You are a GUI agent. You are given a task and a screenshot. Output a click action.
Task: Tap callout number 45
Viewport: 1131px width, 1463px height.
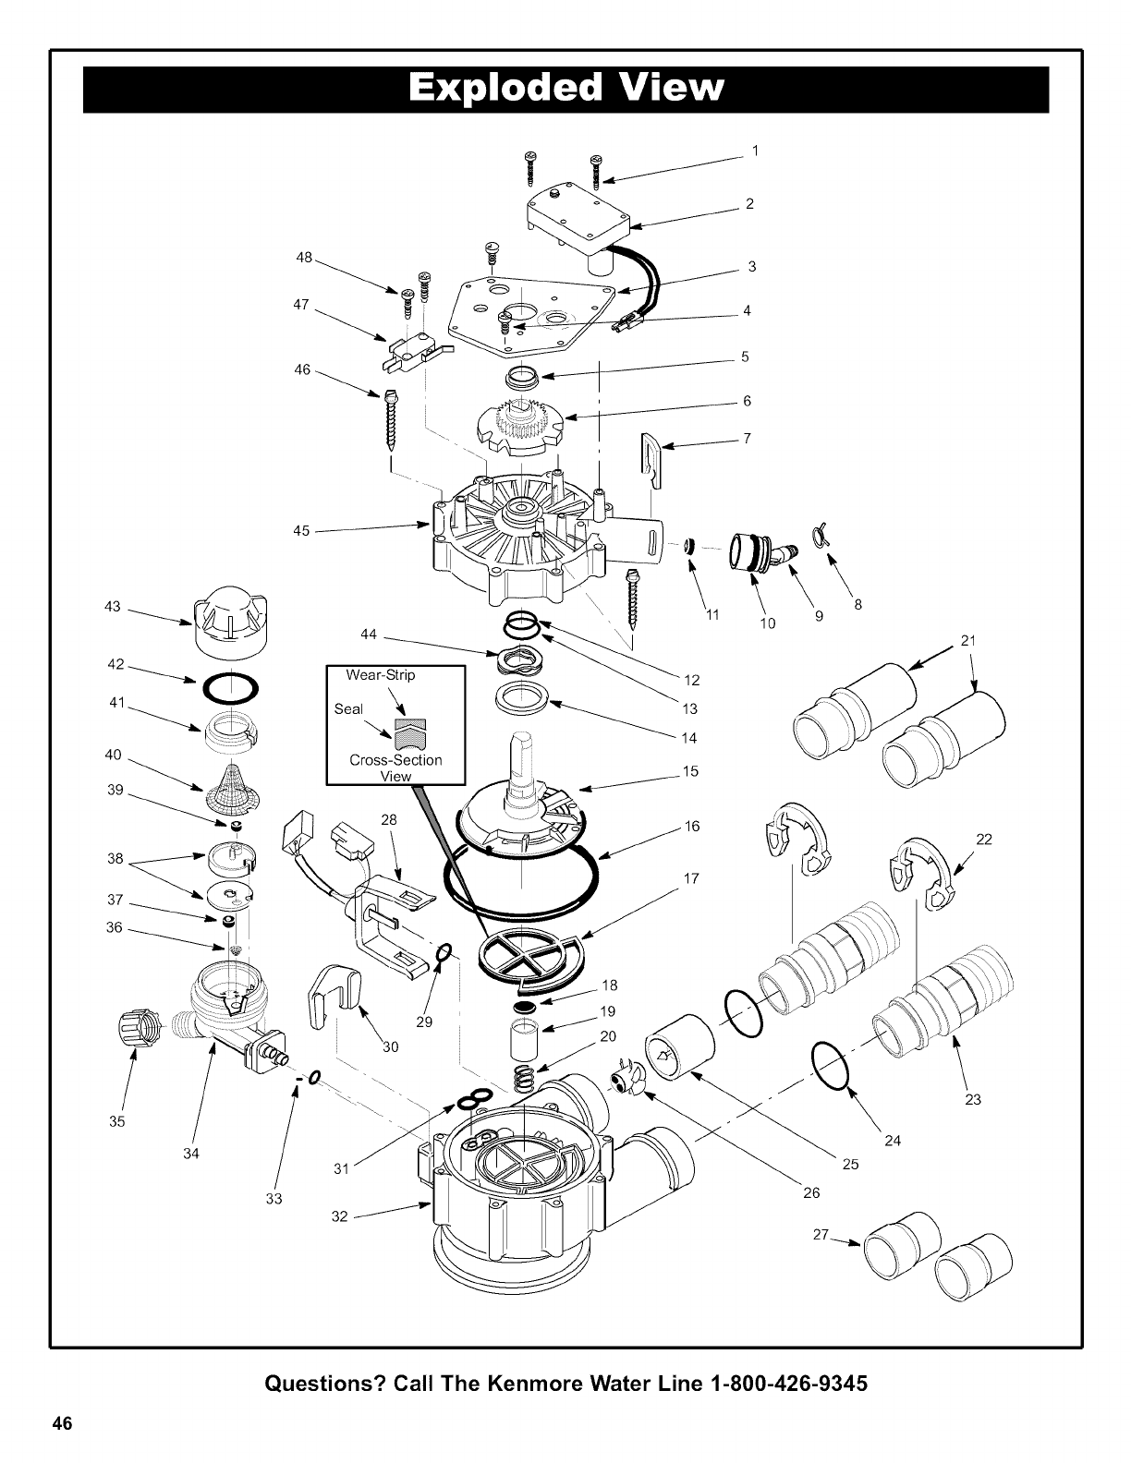pyautogui.click(x=301, y=531)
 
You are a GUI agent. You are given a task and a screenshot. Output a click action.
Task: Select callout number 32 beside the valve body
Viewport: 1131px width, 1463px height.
pyautogui.click(x=339, y=1215)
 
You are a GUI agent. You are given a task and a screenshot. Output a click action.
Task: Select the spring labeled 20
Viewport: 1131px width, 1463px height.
pyautogui.click(x=526, y=1077)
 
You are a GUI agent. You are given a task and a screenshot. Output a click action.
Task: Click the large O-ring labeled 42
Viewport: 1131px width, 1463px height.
pyautogui.click(x=228, y=688)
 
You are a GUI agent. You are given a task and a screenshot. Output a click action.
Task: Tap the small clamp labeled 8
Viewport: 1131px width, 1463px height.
pyautogui.click(x=819, y=534)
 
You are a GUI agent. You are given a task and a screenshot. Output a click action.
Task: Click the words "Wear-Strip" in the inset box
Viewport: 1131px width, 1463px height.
pyautogui.click(x=381, y=675)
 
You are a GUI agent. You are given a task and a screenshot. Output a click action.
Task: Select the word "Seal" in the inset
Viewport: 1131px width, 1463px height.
pyautogui.click(x=348, y=709)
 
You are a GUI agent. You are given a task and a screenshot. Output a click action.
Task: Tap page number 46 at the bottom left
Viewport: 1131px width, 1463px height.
pyautogui.click(x=62, y=1423)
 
